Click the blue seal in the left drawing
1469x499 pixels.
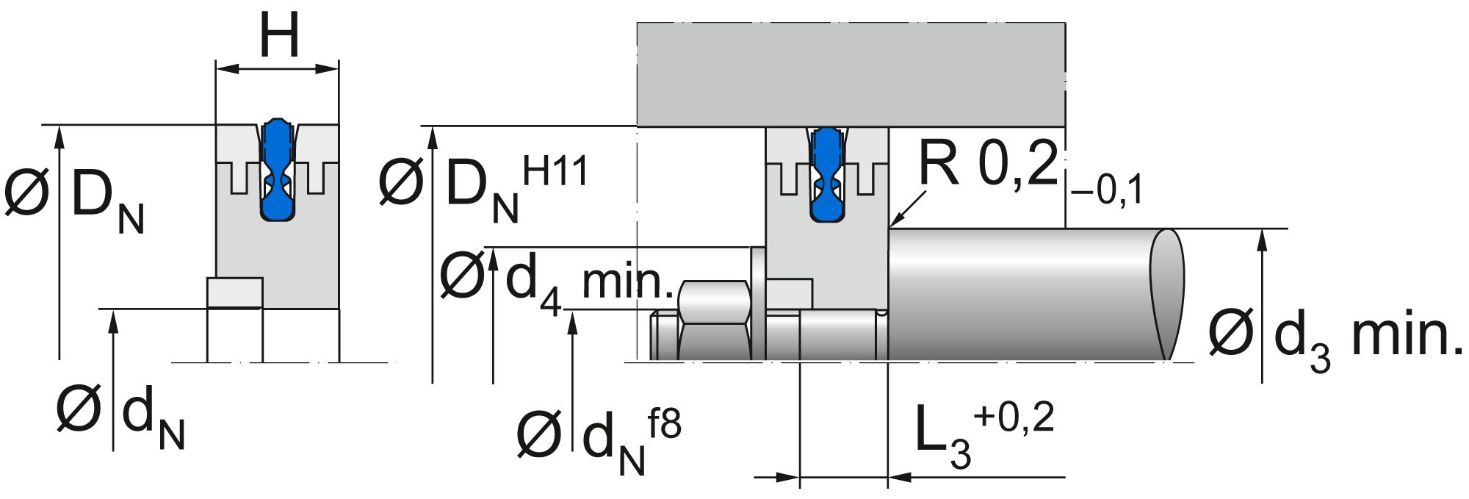(x=277, y=169)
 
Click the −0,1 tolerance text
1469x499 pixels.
(x=1106, y=192)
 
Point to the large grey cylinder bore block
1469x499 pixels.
(x=851, y=73)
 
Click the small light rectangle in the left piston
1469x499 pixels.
(x=235, y=292)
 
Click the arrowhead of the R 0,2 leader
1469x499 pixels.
(x=893, y=223)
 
